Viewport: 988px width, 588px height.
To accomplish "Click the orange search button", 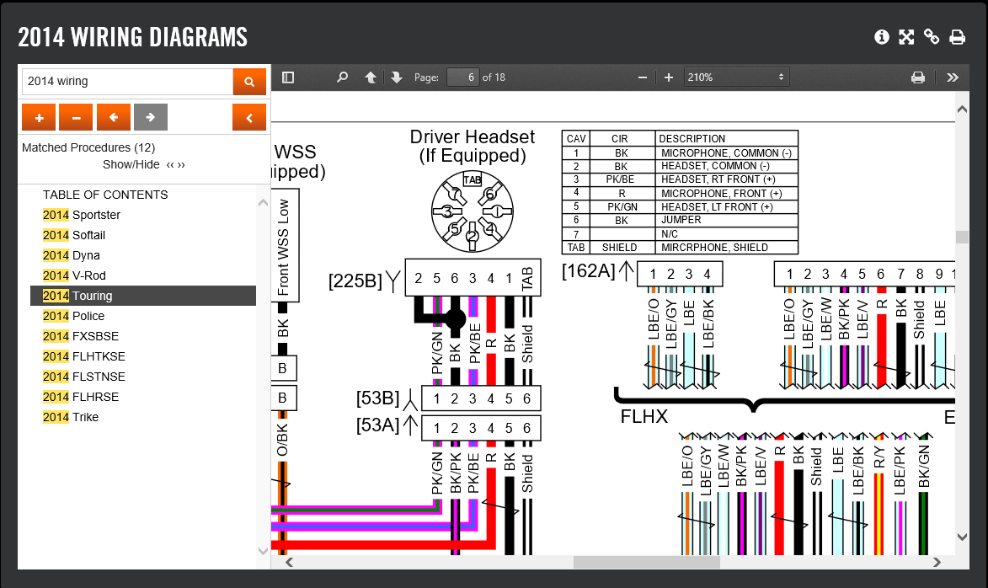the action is (249, 82).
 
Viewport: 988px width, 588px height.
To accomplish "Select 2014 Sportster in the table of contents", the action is (82, 215).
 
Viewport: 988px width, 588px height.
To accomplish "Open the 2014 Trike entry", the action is (71, 417).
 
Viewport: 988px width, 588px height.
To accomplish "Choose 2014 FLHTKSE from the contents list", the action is (83, 356).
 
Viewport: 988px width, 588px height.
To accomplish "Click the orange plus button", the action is (39, 117).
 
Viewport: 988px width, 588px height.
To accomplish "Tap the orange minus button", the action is (77, 117).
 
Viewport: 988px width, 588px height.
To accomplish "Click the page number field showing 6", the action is (463, 78).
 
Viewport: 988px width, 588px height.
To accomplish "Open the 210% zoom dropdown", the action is (737, 78).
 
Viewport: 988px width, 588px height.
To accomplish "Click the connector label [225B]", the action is (355, 281).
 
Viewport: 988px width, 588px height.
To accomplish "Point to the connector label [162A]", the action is (589, 271).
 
